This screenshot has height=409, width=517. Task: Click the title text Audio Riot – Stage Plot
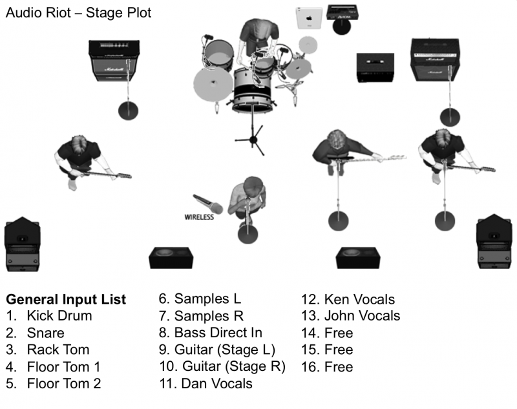(x=78, y=12)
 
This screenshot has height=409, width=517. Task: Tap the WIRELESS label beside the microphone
(x=199, y=217)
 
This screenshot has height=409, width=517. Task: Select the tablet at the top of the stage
(x=309, y=17)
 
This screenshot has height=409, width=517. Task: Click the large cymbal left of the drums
(x=213, y=84)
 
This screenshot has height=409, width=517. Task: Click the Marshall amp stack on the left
(x=115, y=60)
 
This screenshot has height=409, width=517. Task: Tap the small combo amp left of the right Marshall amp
(x=375, y=68)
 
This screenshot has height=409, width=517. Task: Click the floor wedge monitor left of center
(x=170, y=257)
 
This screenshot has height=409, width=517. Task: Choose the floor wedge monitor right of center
(x=356, y=257)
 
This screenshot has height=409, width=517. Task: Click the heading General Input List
(x=66, y=300)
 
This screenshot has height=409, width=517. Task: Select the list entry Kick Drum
(x=59, y=316)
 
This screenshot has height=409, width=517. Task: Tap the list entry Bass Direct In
(x=218, y=333)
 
